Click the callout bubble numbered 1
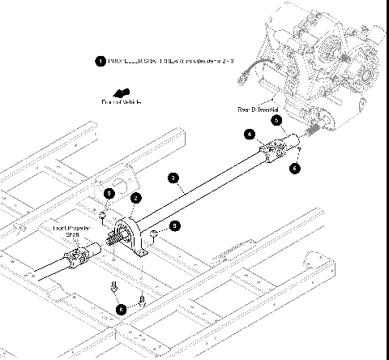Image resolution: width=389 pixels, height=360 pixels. [100, 62]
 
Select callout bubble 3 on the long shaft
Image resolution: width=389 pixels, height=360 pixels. [173, 176]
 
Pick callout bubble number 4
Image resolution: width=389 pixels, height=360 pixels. [251, 134]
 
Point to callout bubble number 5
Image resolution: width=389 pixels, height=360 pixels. [276, 119]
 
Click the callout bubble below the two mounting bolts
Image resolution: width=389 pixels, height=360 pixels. [122, 308]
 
